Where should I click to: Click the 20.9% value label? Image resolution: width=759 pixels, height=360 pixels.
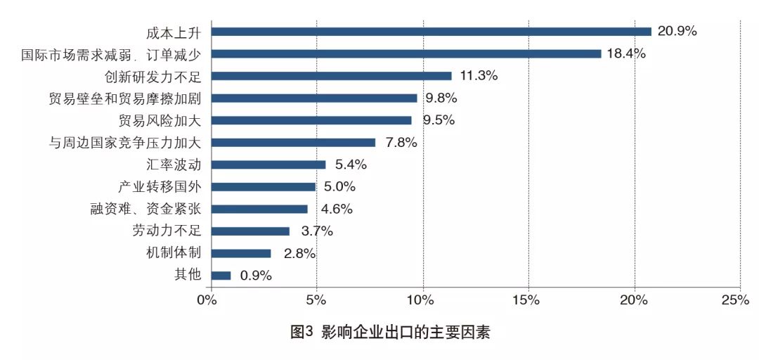coord(677,31)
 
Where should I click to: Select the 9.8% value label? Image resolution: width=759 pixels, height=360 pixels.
coord(441,98)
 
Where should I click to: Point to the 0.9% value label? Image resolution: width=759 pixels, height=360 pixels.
coord(256,276)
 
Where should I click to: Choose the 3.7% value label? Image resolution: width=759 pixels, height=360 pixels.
coord(316,231)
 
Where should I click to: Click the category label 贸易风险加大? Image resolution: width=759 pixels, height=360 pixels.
coord(160,120)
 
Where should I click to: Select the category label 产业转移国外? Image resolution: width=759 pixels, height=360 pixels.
coord(160,187)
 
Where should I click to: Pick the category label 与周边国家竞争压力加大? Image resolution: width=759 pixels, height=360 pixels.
coord(126,143)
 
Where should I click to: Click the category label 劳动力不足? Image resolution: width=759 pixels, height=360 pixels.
coord(167,231)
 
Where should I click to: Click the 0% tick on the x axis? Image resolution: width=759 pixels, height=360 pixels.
coord(207,300)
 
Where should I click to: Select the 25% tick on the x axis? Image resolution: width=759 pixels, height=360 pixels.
coord(735,300)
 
